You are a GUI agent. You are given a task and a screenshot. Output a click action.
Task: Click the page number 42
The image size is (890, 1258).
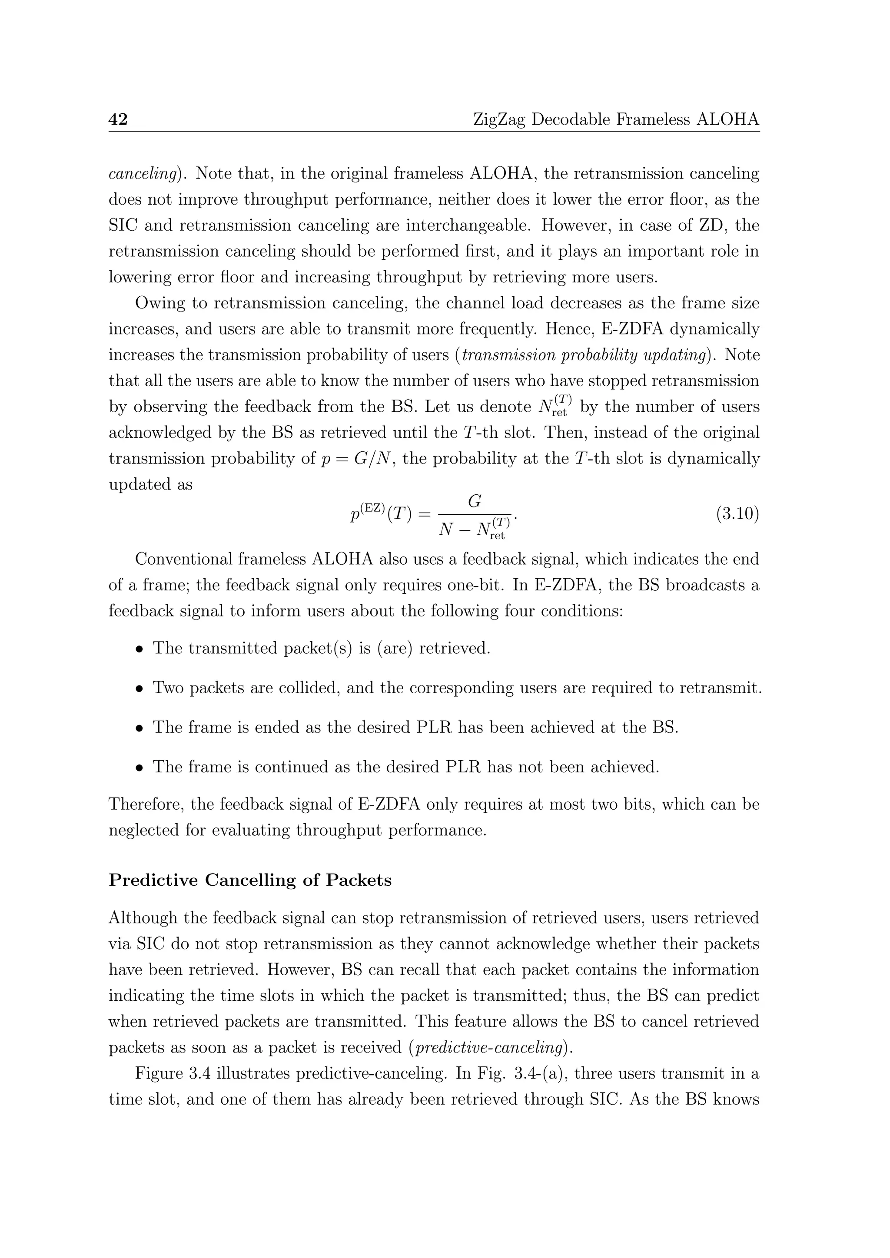tap(118, 119)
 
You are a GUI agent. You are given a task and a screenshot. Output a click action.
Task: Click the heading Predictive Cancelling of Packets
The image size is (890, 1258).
tap(250, 880)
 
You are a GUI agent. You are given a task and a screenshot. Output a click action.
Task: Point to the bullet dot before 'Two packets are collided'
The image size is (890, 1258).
tap(140, 688)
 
